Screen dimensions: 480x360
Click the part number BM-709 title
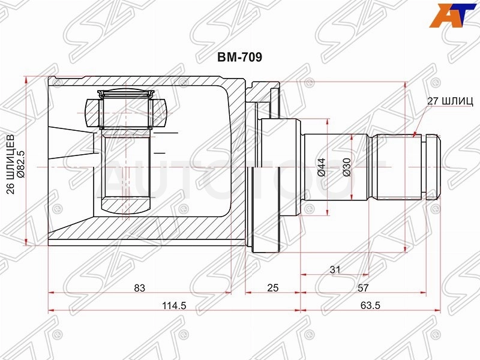click(x=239, y=57)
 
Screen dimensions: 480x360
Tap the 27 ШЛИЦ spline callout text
click(x=450, y=101)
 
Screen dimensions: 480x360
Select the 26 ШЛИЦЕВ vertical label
click(x=11, y=164)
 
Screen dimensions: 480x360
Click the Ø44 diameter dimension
click(x=322, y=167)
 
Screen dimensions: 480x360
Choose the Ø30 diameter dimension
click(x=347, y=167)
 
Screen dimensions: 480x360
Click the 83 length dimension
click(x=139, y=287)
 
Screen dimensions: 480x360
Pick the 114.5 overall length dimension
click(x=174, y=305)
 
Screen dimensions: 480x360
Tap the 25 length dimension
click(x=273, y=287)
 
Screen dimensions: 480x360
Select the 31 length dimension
click(x=335, y=269)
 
